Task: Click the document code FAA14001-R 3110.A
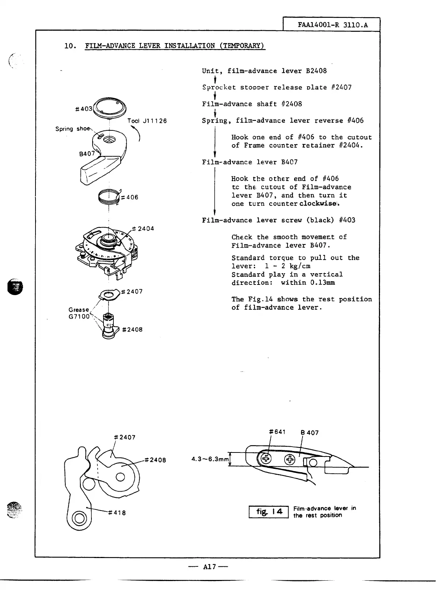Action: tap(332, 25)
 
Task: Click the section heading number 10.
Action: tap(69, 46)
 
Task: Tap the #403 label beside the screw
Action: tap(83, 108)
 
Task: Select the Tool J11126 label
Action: tap(147, 121)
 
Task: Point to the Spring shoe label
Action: tap(72, 129)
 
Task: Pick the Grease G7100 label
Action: tap(79, 313)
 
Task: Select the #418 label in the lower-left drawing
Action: tap(117, 512)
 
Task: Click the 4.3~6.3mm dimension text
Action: tap(210, 459)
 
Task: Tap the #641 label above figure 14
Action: tap(277, 432)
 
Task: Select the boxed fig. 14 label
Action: tap(269, 511)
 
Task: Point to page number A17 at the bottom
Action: tap(210, 567)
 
